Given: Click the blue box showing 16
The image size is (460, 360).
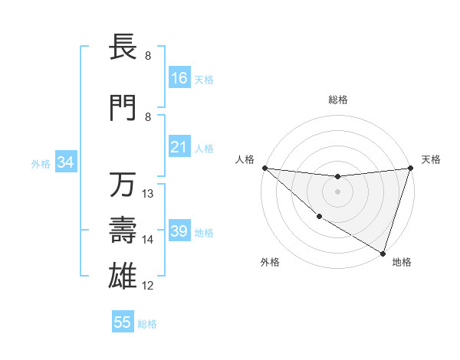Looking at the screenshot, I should tap(179, 78).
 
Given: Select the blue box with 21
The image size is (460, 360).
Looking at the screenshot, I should tap(179, 147).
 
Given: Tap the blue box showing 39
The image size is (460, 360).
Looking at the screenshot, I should tap(179, 232).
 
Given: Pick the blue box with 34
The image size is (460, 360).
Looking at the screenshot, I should tap(65, 162).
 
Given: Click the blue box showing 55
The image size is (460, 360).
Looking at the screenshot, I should tap(123, 322).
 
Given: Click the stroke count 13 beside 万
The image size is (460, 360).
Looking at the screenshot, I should tap(149, 193).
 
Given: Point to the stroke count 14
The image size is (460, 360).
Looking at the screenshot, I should tap(149, 240).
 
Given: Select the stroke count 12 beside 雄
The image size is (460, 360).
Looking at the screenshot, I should tap(149, 286).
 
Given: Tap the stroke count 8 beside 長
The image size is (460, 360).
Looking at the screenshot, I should tap(148, 56).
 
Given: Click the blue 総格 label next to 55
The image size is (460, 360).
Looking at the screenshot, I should tap(147, 324).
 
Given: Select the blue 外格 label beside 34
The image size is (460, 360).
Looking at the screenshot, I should tap(41, 163).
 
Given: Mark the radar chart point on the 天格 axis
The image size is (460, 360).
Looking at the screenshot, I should tap(410, 168).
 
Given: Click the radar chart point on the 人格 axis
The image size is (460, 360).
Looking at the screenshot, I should tap(264, 168).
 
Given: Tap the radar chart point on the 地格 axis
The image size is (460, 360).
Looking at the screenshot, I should tap(383, 253).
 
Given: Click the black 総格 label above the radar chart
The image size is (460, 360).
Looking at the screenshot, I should tap(337, 100).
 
